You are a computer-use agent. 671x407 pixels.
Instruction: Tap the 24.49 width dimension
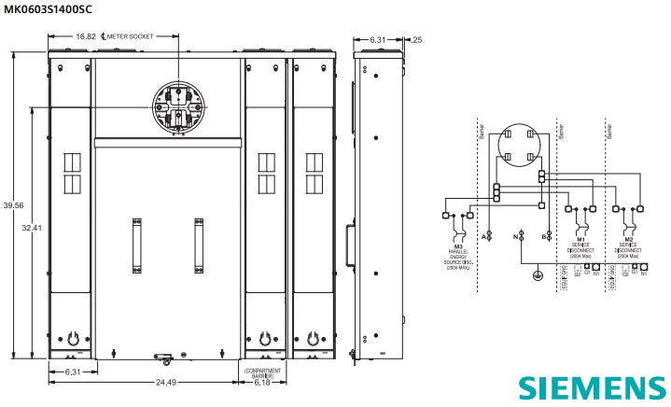pyautogui.click(x=166, y=382)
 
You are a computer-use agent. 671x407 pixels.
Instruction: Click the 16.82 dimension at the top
pyautogui.click(x=86, y=35)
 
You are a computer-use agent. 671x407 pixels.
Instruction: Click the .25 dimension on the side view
pyautogui.click(x=416, y=39)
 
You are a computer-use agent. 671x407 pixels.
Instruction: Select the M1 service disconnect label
pyautogui.click(x=580, y=247)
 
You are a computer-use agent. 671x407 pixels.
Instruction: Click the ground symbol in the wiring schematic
pyautogui.click(x=537, y=275)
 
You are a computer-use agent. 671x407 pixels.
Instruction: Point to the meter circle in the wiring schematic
pyautogui.click(x=515, y=147)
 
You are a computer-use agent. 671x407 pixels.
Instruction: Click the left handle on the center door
pyautogui.click(x=135, y=240)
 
